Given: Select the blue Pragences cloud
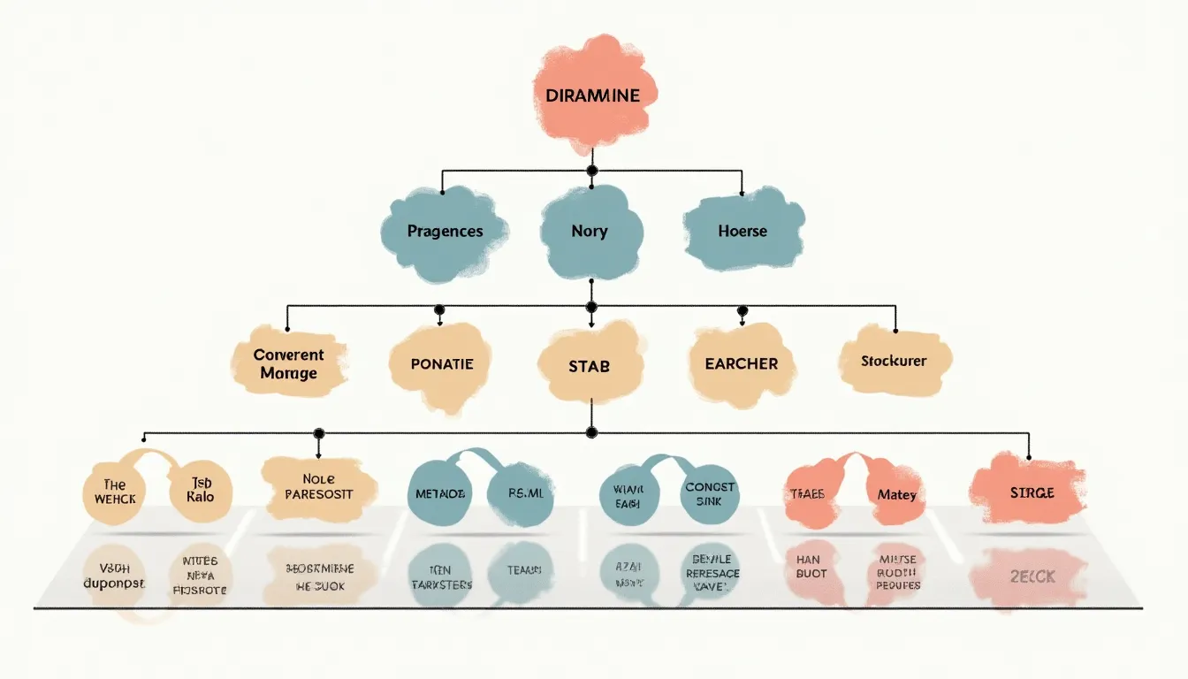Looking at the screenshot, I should point(445,231).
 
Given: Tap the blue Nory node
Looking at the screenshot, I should point(590,231).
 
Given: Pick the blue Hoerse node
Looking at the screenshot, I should point(742,231).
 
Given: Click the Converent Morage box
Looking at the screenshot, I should point(288,363).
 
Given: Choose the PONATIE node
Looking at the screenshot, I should point(442,363).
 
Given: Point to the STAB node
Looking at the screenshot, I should point(589,365).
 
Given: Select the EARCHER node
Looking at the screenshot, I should point(741,363).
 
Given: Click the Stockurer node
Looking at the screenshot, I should point(895,361).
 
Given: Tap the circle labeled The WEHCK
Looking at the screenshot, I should point(115,492).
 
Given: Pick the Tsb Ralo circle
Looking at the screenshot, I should point(201,492).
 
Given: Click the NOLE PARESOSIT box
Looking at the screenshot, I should point(318,487).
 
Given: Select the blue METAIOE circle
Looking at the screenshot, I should point(439,493).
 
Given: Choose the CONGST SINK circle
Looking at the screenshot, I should point(710,493).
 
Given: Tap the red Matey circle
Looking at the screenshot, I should point(896,495).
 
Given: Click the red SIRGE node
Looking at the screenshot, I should point(1031,492).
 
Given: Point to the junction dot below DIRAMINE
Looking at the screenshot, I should point(592,170).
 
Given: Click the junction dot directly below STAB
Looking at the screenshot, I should point(592,432).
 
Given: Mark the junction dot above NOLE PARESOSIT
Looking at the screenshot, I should point(318,433).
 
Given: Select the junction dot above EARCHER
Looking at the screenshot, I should point(742,311).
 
